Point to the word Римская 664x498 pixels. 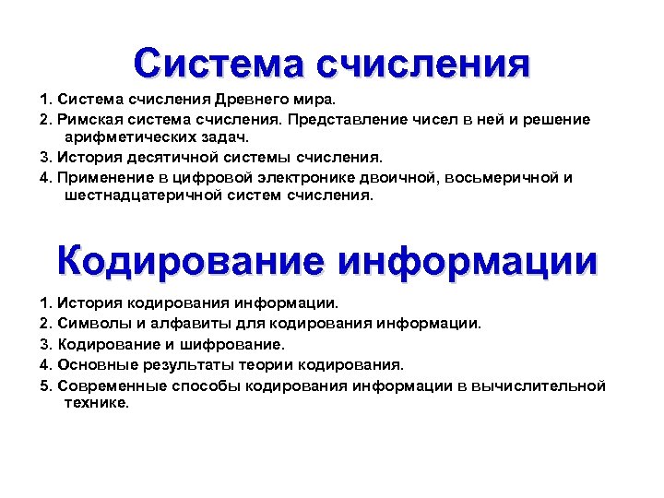tap(87, 120)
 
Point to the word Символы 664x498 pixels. tap(90, 323)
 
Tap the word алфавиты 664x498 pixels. tap(179, 323)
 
